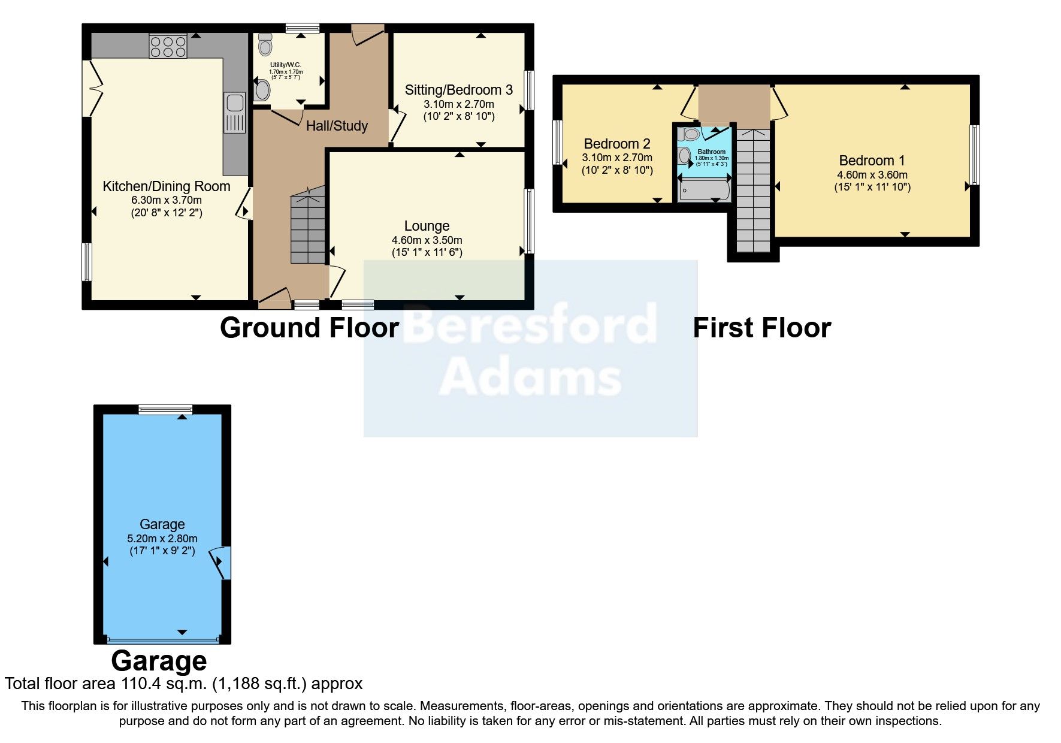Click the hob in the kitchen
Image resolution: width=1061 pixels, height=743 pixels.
[x=168, y=47]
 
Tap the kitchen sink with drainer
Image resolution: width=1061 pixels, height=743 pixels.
[x=235, y=113]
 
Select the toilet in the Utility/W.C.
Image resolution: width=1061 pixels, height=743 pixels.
[x=265, y=44]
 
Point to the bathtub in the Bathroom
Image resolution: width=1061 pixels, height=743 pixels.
[x=704, y=190]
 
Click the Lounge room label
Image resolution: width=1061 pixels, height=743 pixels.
[x=427, y=226]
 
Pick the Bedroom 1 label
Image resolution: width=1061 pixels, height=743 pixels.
[x=872, y=161]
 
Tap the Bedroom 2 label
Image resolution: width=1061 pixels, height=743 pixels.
[x=617, y=144]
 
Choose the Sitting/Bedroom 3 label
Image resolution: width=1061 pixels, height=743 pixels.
[x=459, y=90]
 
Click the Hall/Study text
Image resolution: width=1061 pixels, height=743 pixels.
[x=337, y=126]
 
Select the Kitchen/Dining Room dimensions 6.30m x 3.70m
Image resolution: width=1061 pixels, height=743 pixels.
[x=167, y=200]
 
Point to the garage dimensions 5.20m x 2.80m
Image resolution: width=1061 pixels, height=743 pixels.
[x=162, y=539]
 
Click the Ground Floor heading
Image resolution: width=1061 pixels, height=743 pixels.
[x=309, y=328]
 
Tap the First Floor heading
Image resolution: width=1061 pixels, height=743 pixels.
[x=762, y=328]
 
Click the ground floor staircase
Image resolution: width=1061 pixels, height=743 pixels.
[x=308, y=226]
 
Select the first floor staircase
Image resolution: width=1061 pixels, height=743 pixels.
[x=753, y=191]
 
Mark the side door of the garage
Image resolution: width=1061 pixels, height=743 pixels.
[x=220, y=562]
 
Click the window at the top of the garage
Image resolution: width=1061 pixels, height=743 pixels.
[x=165, y=410]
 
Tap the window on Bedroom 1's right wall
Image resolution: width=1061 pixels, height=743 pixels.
[x=975, y=155]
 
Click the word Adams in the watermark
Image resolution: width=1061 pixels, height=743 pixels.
[x=531, y=376]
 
